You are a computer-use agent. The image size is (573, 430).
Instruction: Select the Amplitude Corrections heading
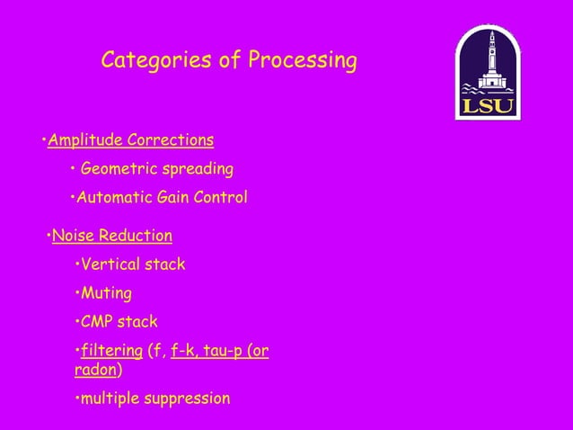tap(130, 140)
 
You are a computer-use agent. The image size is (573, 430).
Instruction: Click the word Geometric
tap(117, 169)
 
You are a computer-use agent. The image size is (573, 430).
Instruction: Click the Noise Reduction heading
tap(111, 237)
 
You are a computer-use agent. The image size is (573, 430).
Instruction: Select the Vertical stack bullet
tap(132, 264)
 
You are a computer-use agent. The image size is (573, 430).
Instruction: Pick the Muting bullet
tap(106, 293)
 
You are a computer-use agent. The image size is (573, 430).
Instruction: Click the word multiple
tap(110, 398)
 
